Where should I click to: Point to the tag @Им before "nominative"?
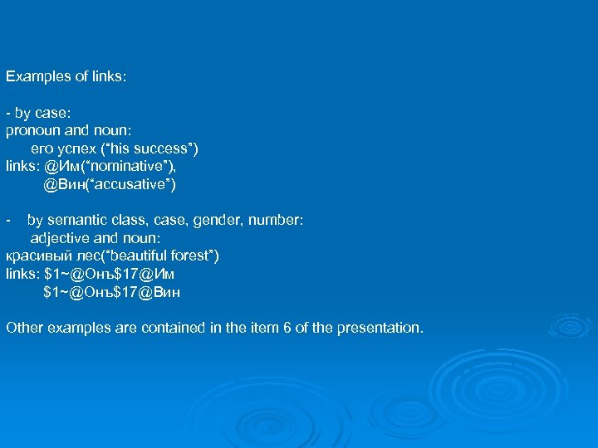tap(61, 166)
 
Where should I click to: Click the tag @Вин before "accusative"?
tap(65, 184)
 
